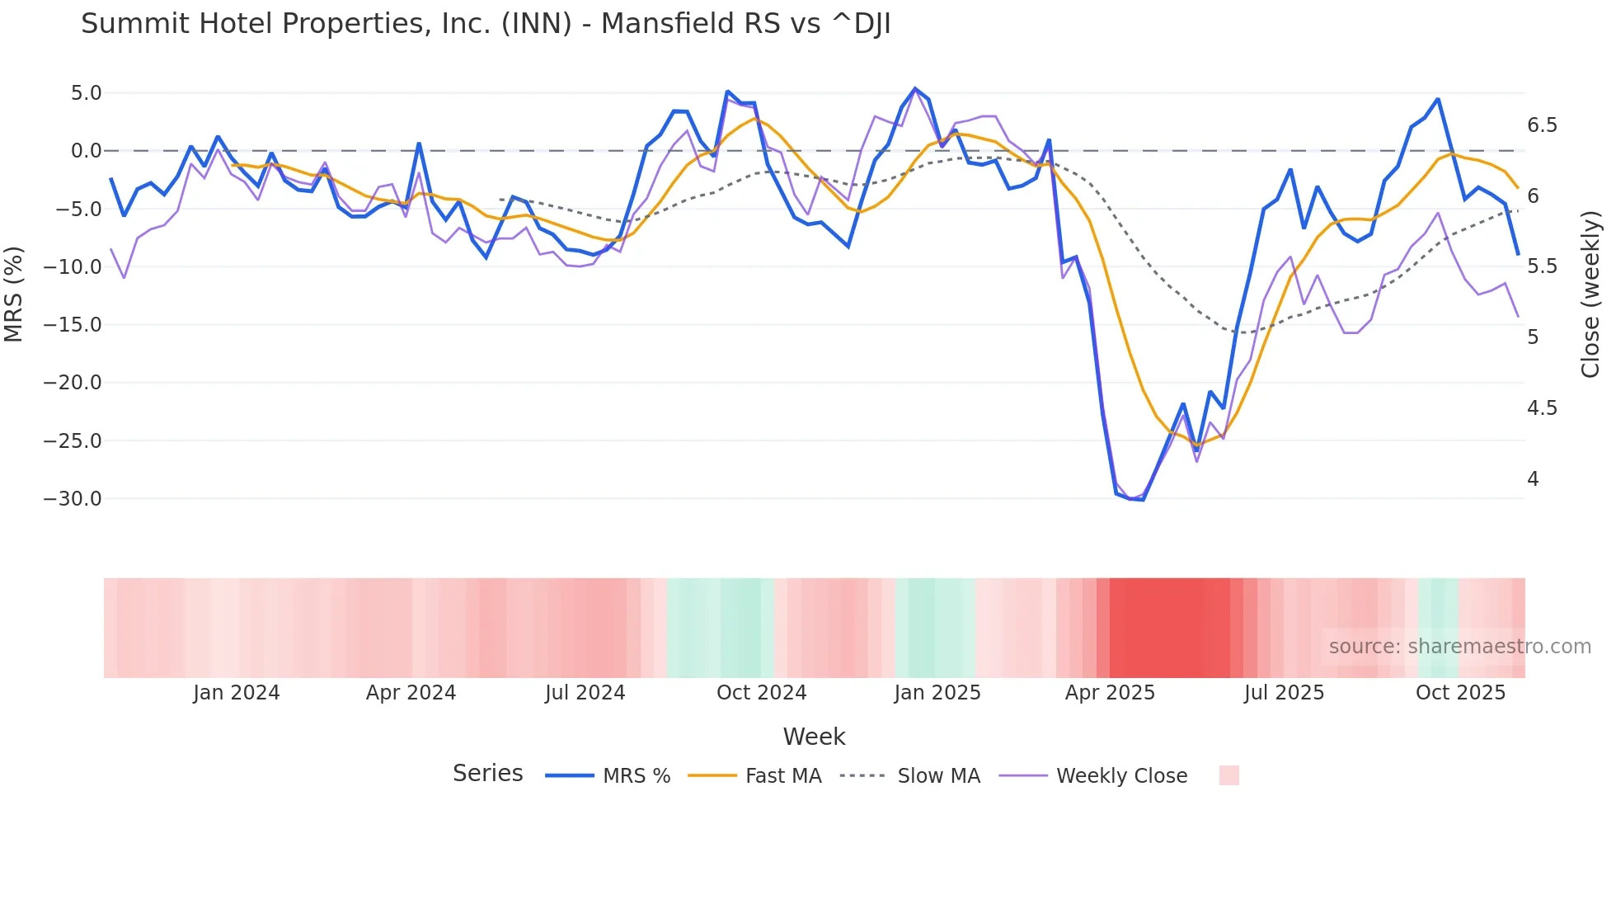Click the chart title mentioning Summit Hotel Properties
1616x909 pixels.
(x=485, y=24)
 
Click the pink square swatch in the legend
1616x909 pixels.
(x=1228, y=775)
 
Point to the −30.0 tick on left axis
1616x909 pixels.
(x=73, y=499)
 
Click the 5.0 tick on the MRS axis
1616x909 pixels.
(x=86, y=93)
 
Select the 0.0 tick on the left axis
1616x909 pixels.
(x=86, y=151)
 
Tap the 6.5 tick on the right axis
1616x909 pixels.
(x=1542, y=125)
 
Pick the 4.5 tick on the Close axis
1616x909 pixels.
(x=1542, y=408)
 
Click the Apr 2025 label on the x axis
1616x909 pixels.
(x=1110, y=693)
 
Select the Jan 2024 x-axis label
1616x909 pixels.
(x=237, y=693)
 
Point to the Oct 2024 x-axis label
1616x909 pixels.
(x=761, y=693)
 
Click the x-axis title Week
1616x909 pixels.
(x=814, y=737)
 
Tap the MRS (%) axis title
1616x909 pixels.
(x=14, y=294)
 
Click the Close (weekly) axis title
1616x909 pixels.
(x=1590, y=294)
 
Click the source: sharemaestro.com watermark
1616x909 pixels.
(x=1459, y=647)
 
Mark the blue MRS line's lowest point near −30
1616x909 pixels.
(x=1143, y=500)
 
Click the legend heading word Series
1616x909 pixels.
(x=487, y=774)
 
